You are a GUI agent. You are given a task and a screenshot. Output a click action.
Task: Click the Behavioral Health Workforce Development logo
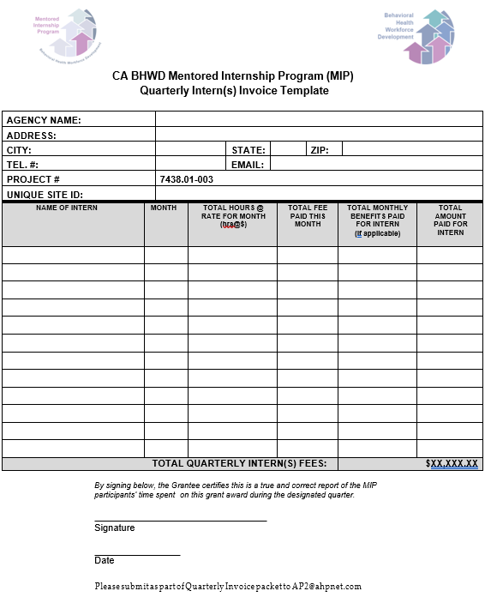coord(418,36)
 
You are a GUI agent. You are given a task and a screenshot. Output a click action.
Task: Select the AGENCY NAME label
coord(44,120)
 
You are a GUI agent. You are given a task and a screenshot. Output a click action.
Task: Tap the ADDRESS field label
coord(32,135)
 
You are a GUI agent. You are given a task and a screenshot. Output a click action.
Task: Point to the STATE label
coord(248,150)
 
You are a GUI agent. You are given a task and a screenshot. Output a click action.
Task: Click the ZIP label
coord(320,150)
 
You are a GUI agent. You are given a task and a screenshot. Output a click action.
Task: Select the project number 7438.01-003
coord(186,179)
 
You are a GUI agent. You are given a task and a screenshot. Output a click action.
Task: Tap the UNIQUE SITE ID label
coord(45,195)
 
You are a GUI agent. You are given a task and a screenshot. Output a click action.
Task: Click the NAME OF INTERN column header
coord(67,208)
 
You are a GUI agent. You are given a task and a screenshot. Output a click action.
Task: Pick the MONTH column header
coord(164,208)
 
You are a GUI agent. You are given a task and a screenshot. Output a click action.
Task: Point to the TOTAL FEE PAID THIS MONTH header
coord(307,216)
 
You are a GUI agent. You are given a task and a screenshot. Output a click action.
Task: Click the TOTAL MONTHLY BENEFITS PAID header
coord(377,220)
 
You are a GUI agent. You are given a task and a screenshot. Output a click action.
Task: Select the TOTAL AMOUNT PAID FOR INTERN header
coord(450,220)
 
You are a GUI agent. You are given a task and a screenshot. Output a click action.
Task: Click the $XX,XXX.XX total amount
coord(452,464)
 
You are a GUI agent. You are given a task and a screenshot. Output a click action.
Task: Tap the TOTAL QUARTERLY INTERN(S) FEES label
coord(239,464)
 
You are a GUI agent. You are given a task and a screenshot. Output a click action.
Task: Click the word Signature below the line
coord(114,528)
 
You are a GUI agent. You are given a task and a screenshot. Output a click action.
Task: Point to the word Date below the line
coord(104,561)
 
